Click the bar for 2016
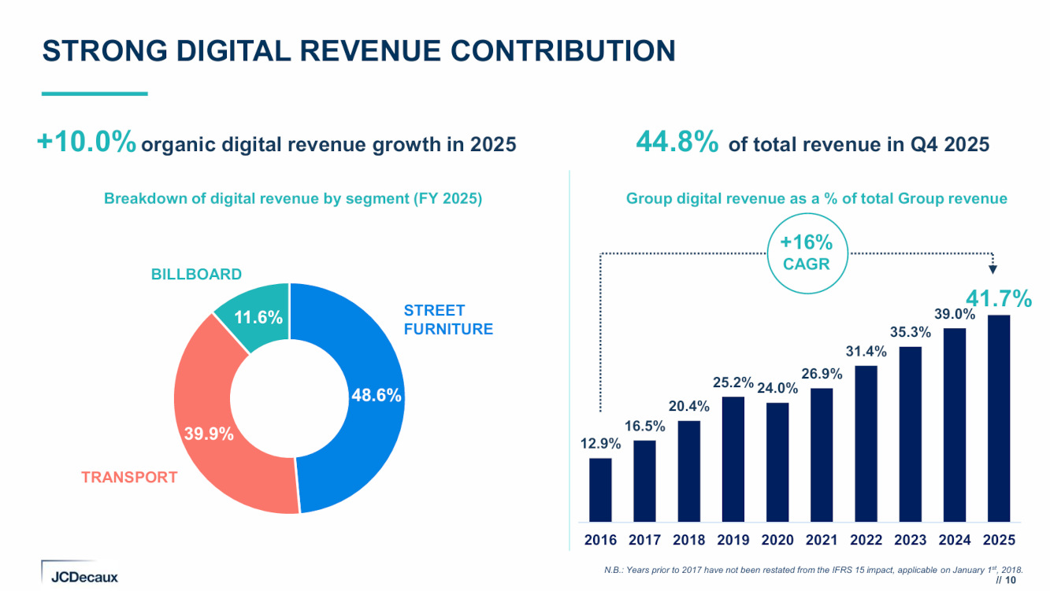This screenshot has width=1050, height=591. click(600, 489)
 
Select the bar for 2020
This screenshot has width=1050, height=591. click(777, 462)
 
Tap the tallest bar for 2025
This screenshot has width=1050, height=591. click(998, 418)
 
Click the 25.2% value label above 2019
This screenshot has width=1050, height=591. click(733, 383)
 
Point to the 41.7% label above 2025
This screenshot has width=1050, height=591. click(998, 299)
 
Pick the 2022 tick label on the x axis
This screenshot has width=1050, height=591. click(866, 541)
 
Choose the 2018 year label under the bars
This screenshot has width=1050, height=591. click(689, 541)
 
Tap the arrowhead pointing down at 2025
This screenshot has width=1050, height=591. click(992, 269)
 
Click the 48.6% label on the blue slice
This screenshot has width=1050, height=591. click(377, 396)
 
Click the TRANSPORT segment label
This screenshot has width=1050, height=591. click(129, 477)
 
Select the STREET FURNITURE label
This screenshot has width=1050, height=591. click(447, 320)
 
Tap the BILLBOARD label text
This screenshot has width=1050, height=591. click(196, 275)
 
